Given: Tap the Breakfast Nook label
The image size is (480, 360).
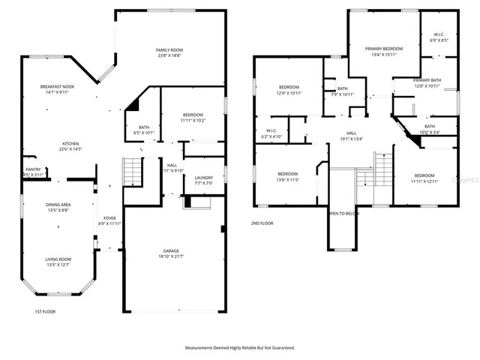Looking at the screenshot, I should coord(56,87).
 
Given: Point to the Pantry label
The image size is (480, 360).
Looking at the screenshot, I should coord(33,169).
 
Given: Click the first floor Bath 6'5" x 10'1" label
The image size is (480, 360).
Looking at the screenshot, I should coord(142,127).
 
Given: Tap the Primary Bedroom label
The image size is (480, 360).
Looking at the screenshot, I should coord(384,49).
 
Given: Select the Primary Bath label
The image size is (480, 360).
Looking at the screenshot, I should coord(426,80).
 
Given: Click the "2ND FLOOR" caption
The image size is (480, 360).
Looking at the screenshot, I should coord(262,223).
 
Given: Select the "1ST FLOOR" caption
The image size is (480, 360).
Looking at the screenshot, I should coord(45,311).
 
